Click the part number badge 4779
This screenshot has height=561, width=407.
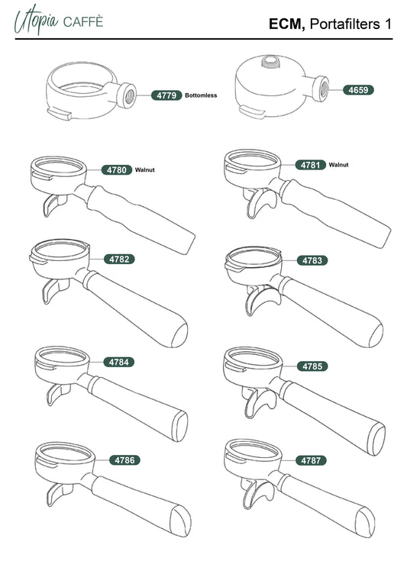[x=166, y=95]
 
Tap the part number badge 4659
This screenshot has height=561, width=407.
[x=358, y=90]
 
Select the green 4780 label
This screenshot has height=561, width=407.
[x=117, y=169]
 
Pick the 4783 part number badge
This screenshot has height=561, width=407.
[x=312, y=260]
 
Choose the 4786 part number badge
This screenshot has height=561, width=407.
[x=124, y=460]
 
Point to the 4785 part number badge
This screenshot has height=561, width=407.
[x=312, y=366]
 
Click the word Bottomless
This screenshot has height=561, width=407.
[x=201, y=95]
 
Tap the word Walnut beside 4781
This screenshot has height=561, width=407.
[x=338, y=165]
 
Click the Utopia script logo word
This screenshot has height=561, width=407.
[x=36, y=20]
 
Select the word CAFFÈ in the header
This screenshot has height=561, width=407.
[x=83, y=22]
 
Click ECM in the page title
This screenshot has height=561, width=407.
[x=287, y=24]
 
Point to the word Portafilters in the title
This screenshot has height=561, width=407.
[x=344, y=24]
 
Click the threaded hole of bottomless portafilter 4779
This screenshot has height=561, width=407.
[x=130, y=96]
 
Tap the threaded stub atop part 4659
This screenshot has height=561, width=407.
[x=271, y=61]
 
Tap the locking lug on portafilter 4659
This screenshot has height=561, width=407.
[x=252, y=111]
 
